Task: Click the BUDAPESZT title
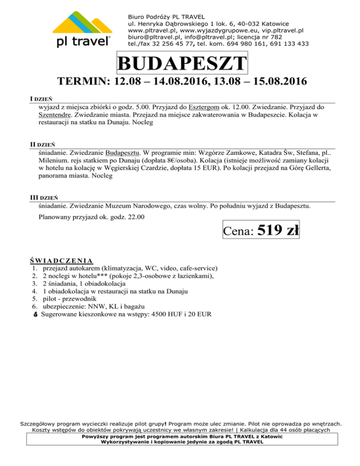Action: pos(182,64)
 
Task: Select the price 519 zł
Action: pos(278,230)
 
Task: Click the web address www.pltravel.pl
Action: pos(155,30)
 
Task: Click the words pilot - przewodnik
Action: pos(71,298)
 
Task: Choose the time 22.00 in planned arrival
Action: pos(135,217)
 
